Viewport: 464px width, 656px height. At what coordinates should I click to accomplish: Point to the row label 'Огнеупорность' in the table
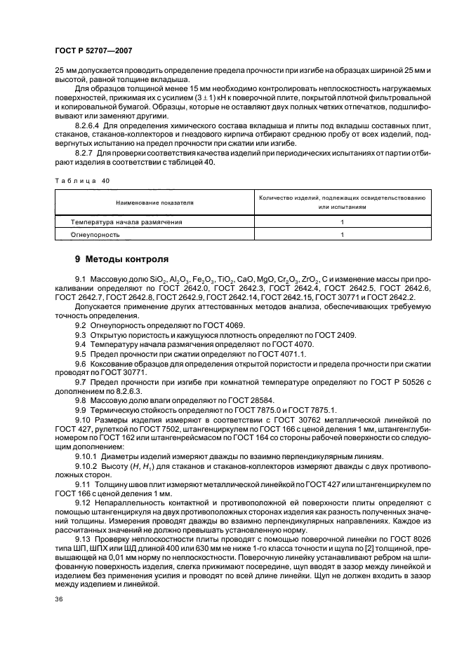tap(85, 235)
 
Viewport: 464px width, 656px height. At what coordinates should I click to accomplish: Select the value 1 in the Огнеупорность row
tap(341, 235)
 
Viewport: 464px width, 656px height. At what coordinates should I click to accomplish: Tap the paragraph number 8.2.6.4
tap(88, 125)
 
